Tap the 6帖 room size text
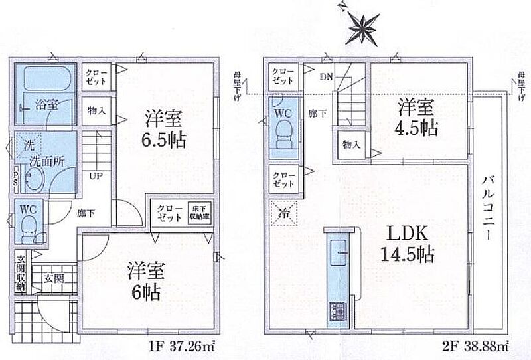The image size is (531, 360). click(145, 282)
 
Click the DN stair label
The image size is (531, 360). click(326, 78)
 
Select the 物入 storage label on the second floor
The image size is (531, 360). click(352, 145)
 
